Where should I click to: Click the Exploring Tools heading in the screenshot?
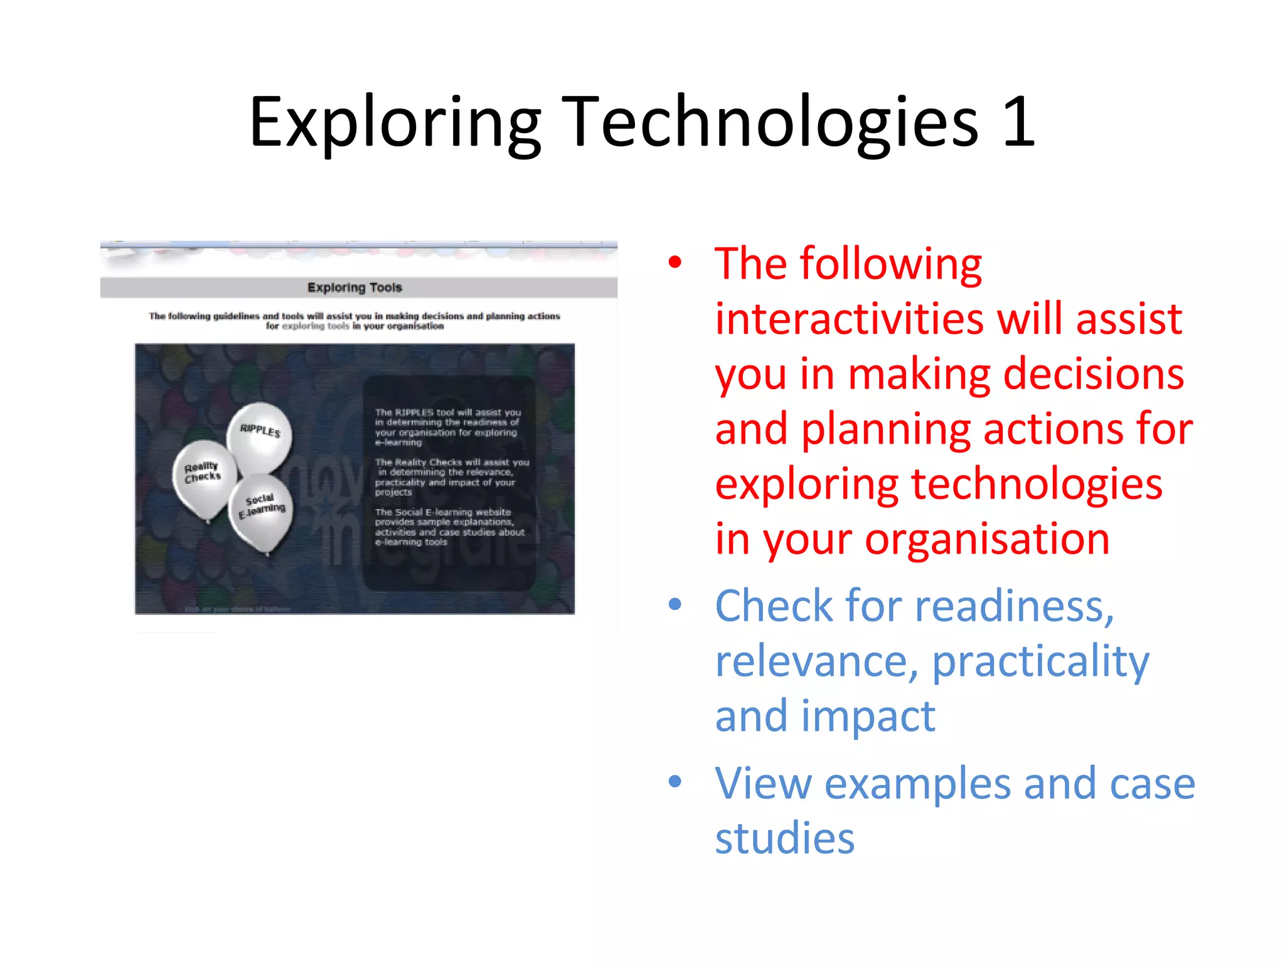coord(355,287)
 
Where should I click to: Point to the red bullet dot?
coord(675,262)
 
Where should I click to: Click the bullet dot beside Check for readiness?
coord(675,604)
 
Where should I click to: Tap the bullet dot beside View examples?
coord(675,782)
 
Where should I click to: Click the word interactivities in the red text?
coord(848,319)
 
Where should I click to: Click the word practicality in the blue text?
coord(1040,661)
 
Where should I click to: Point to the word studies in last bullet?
coord(784,838)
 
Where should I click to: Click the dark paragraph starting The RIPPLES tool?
coord(447,427)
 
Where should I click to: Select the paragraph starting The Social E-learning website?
coord(449,527)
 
